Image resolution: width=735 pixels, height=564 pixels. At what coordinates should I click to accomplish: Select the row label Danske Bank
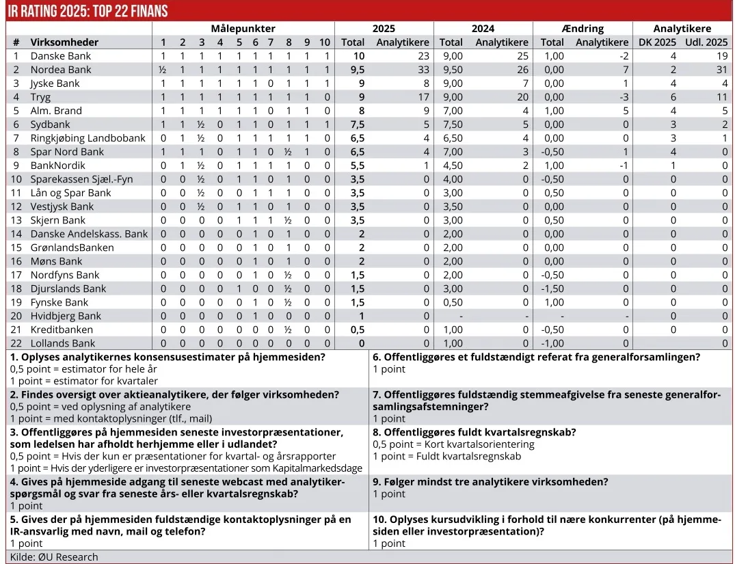click(60, 56)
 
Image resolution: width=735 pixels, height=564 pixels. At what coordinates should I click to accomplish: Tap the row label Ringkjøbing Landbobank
click(88, 138)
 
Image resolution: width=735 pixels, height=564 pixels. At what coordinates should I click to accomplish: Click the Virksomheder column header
click(64, 42)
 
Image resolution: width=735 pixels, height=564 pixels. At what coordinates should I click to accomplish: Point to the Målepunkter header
click(243, 29)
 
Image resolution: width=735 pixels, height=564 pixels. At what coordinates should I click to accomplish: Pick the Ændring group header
click(582, 29)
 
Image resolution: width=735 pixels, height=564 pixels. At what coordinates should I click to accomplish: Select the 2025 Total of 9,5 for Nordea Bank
click(353, 70)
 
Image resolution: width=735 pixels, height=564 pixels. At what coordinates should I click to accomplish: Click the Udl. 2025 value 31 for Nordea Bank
click(721, 70)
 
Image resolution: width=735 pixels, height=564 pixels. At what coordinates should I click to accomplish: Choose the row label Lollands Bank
click(63, 343)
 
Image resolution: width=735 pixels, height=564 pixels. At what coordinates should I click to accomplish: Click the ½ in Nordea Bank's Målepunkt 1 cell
click(163, 70)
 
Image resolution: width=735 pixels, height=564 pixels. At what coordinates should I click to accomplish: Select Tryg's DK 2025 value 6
click(673, 97)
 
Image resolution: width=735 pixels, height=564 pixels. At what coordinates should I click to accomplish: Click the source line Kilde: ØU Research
click(54, 557)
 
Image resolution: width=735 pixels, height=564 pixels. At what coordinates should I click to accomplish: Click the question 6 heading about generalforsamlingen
click(536, 357)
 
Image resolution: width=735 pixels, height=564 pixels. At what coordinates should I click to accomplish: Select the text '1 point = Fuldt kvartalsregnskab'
click(446, 456)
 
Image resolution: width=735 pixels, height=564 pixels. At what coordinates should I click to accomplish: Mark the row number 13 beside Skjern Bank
click(16, 220)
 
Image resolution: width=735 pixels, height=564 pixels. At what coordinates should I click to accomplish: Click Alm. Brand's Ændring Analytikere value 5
click(625, 111)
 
